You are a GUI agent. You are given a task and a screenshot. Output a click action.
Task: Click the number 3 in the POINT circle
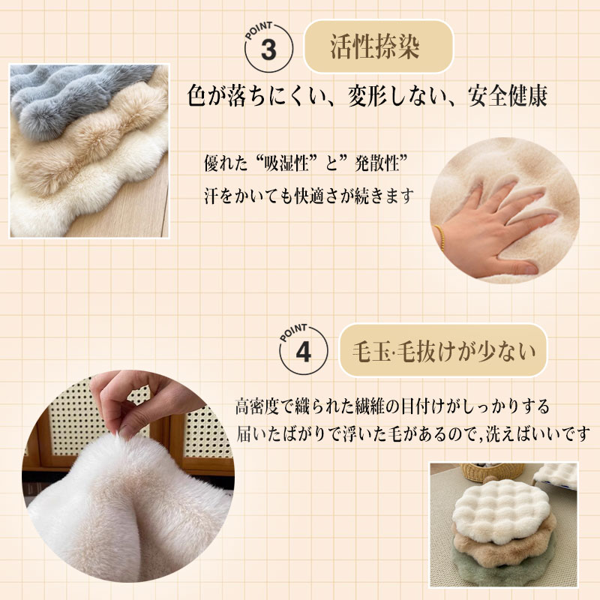[268, 50]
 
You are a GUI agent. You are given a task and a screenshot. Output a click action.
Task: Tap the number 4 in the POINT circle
[304, 352]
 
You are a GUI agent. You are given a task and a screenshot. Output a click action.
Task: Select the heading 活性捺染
[375, 47]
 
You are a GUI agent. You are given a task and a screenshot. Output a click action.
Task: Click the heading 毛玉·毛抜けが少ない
[443, 351]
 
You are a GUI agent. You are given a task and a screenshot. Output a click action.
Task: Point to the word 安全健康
[508, 96]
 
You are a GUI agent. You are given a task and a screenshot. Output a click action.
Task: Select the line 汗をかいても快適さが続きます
[309, 196]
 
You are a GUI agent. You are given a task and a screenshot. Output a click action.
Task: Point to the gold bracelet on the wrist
[440, 237]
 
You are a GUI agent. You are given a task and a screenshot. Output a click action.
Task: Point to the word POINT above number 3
[258, 31]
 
